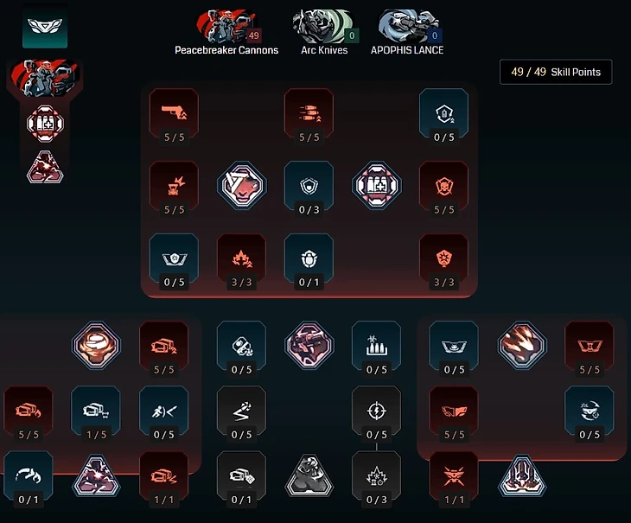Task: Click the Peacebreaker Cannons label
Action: coord(226,50)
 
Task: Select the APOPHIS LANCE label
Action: coord(408,50)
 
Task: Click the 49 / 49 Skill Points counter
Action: coord(556,72)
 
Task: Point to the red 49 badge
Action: coord(253,35)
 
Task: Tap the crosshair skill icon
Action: coord(376,407)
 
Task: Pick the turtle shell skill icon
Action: coord(309,255)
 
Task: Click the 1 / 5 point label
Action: coord(96,435)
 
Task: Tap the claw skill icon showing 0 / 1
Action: coord(29,472)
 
